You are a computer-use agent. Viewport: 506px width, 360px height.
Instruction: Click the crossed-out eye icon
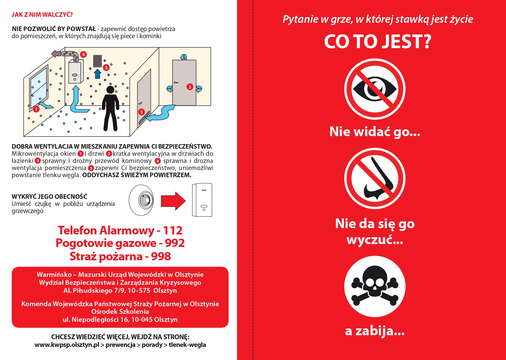(375, 89)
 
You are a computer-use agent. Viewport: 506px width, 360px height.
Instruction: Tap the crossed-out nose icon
(375, 178)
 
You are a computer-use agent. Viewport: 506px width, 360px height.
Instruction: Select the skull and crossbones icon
(375, 286)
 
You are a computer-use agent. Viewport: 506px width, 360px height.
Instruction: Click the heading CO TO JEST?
(378, 42)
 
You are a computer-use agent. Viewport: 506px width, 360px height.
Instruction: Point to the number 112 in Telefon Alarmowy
(173, 230)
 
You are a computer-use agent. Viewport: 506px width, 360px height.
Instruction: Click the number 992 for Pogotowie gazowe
(175, 243)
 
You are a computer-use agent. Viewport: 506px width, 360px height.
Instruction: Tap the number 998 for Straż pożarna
(161, 256)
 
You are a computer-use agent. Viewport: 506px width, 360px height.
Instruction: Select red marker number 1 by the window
(36, 109)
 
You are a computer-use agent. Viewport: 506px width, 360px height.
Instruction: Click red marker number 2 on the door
(190, 87)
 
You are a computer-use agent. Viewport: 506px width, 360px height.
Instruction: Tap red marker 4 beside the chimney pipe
(83, 54)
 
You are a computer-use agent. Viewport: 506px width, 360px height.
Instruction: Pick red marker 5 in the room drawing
(106, 67)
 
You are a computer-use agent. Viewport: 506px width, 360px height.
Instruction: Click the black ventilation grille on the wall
(97, 61)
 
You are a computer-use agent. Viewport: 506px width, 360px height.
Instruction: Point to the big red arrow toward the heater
(173, 201)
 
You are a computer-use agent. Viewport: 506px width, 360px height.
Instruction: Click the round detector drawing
(141, 200)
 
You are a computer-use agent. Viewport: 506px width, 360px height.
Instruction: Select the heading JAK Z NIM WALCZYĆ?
(42, 15)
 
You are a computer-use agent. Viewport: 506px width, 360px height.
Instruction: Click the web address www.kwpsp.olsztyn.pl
(67, 345)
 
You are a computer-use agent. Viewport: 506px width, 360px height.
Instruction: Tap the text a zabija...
(375, 331)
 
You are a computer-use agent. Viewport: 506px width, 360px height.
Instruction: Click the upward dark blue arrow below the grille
(98, 73)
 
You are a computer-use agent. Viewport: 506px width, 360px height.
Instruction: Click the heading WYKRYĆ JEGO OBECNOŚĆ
(50, 196)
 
